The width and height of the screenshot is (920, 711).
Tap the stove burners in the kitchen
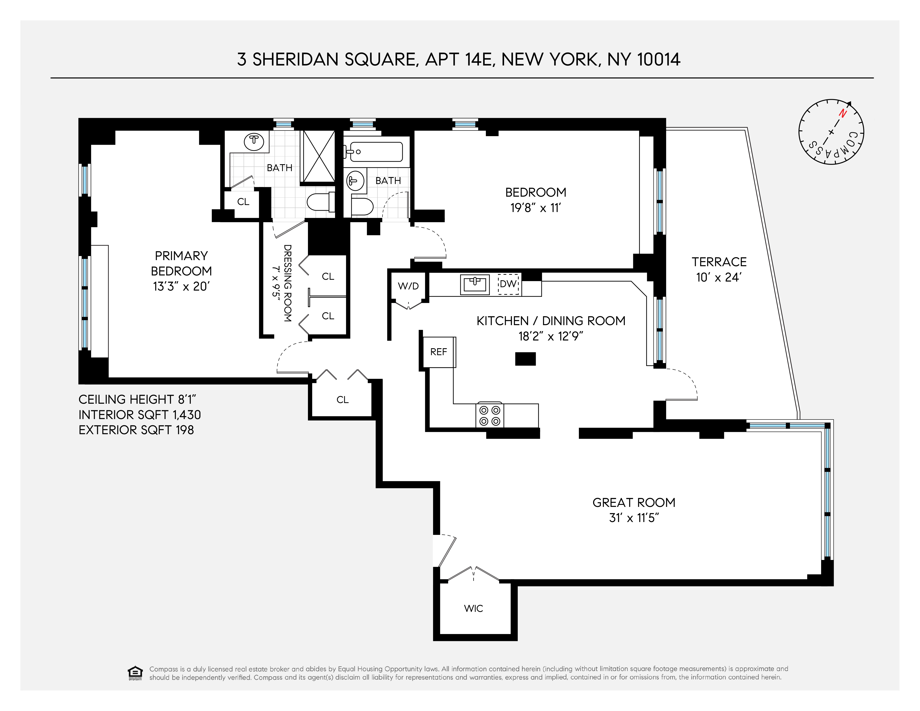(x=489, y=415)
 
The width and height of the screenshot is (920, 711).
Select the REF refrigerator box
(x=438, y=352)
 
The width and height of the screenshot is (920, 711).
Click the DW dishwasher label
(x=508, y=284)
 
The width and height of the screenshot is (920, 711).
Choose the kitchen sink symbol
(x=475, y=284)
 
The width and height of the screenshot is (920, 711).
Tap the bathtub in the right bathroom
(x=375, y=152)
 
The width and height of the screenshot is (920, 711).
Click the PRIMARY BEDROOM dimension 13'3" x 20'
(x=181, y=287)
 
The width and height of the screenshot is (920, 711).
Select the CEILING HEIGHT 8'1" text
(x=137, y=399)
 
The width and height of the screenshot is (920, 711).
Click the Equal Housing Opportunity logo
(x=135, y=673)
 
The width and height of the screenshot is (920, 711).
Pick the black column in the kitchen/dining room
(x=525, y=359)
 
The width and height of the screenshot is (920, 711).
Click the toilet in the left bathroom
(x=320, y=202)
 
